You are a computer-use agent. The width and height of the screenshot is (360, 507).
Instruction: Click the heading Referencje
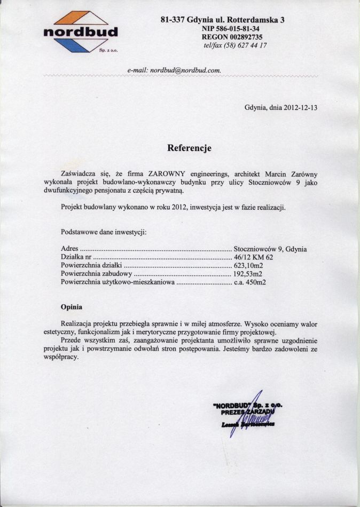[x=189, y=148]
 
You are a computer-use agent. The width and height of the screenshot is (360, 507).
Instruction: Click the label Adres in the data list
[x=71, y=249]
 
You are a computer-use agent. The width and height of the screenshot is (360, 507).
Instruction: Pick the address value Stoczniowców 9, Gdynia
[x=270, y=249]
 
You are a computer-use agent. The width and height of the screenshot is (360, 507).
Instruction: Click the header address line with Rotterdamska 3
[x=222, y=20]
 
